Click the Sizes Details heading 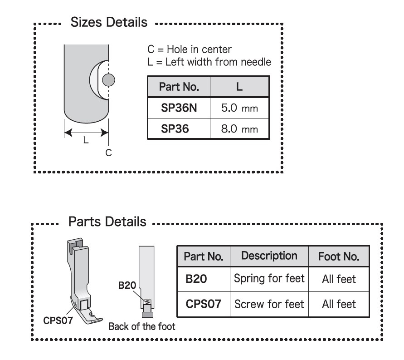109,22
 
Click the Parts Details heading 107,222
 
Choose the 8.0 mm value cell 239,129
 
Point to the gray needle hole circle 108,81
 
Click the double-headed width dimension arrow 86,133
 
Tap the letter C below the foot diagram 108,153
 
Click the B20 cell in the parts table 196,278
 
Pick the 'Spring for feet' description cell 269,278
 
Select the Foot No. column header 339,257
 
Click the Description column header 269,256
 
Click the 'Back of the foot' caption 142,326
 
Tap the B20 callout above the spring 127,286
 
